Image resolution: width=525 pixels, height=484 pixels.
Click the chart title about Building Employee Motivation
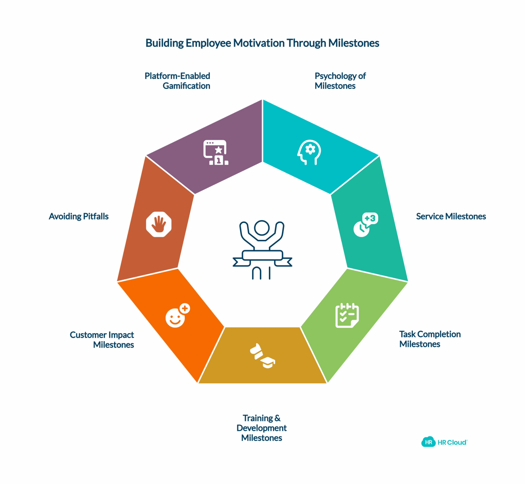262,43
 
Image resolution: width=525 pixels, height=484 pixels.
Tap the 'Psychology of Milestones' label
340,81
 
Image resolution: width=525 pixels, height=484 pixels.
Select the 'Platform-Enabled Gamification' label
178,81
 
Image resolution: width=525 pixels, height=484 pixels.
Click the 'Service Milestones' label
451,216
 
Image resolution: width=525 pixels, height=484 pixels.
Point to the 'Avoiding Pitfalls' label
79,216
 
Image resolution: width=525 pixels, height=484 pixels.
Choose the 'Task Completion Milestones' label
430,339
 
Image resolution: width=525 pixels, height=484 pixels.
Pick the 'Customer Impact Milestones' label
102,340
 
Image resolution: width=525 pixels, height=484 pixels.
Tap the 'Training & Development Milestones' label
262,428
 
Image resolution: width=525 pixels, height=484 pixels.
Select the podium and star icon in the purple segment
216,153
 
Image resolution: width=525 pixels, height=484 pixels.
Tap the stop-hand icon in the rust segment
159,224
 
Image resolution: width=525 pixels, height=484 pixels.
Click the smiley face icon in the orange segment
178,315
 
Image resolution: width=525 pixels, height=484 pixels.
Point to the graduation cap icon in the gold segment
262,356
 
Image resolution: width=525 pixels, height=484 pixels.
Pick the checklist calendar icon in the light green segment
347,315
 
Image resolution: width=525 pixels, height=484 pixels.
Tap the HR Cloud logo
444,442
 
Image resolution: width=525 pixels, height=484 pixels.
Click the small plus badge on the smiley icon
185,308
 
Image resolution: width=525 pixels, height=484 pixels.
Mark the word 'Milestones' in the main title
354,43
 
